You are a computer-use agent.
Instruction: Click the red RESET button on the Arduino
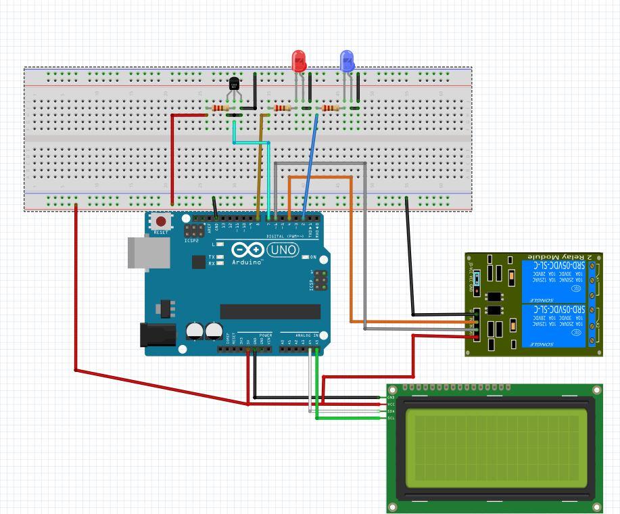(x=161, y=222)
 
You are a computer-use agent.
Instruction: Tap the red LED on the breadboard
(x=298, y=62)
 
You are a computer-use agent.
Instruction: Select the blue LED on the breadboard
(x=347, y=62)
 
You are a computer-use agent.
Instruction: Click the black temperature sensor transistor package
(x=234, y=84)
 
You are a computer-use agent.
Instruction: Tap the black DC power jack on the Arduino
(x=156, y=335)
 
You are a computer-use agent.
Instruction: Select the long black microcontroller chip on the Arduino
(x=270, y=311)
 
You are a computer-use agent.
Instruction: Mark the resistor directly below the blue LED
(x=331, y=108)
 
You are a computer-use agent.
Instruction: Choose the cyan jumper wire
(x=252, y=142)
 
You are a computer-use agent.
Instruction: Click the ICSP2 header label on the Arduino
(x=191, y=240)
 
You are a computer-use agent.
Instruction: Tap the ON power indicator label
(x=313, y=257)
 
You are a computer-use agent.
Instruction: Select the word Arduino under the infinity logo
(x=247, y=262)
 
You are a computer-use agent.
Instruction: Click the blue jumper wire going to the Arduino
(x=310, y=166)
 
